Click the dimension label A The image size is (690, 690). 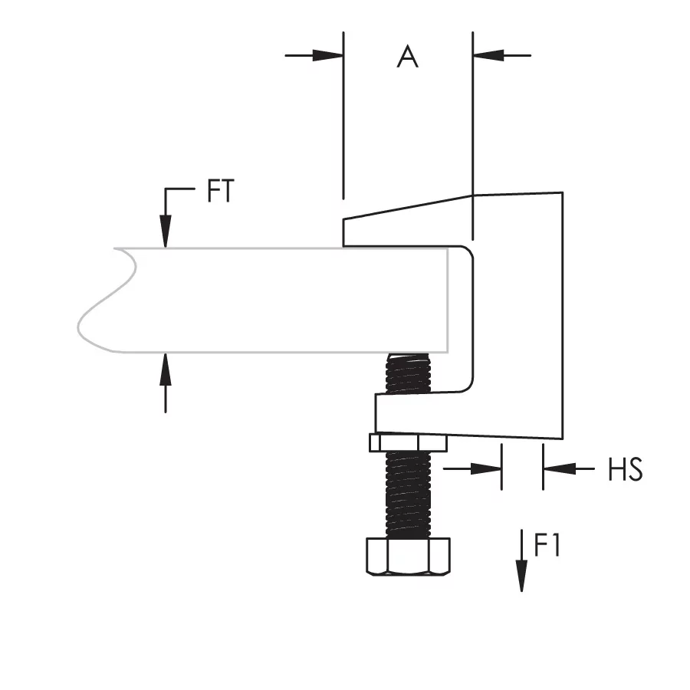(408, 56)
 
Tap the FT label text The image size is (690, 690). (221, 191)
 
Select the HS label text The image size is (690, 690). (626, 469)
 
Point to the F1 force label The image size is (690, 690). (547, 545)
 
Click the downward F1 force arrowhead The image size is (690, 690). (521, 576)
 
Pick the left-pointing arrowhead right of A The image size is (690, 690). (488, 56)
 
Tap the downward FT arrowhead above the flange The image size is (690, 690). (166, 232)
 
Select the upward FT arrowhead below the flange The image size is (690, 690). (166, 369)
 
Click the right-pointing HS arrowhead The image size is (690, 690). (486, 468)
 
